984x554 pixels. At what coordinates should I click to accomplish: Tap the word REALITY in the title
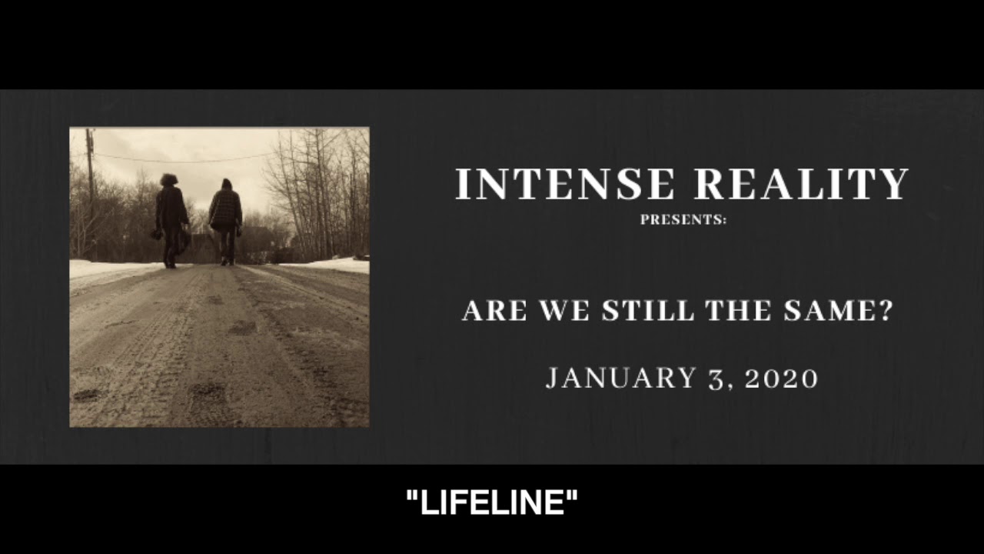click(x=802, y=185)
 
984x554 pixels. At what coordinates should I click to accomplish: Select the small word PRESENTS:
click(x=683, y=220)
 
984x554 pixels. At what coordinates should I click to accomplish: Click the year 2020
click(x=782, y=379)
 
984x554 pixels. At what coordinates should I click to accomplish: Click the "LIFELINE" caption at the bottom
click(x=492, y=504)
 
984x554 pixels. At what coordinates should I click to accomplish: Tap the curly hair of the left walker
click(x=168, y=180)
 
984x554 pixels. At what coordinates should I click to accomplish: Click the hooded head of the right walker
click(x=226, y=185)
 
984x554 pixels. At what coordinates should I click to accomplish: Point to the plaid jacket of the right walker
click(x=225, y=209)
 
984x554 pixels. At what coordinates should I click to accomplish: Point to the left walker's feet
click(x=170, y=263)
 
